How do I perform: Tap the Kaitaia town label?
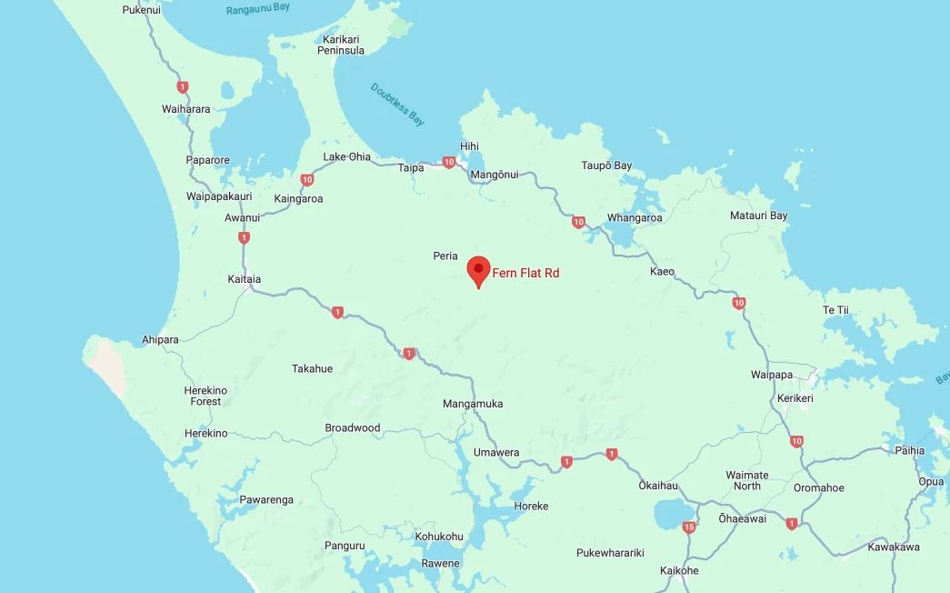[244, 280]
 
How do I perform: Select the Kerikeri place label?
[795, 398]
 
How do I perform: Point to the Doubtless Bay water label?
[398, 104]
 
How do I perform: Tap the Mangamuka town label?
[473, 404]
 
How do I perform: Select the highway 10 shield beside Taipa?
[448, 163]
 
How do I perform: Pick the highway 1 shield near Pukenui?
[184, 87]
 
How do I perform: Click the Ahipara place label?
[160, 340]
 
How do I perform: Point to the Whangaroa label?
[635, 217]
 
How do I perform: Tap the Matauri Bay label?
[758, 216]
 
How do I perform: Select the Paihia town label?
[909, 450]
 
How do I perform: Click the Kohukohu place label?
[439, 537]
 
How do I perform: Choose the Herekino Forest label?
[205, 396]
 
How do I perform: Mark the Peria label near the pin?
[445, 256]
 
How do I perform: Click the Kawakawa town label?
[894, 547]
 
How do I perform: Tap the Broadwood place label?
[353, 427]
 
